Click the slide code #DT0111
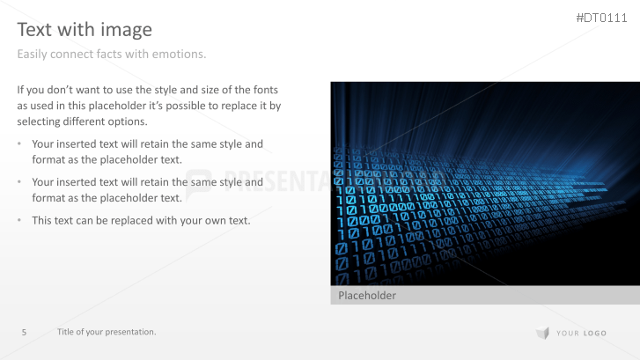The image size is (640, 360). point(602,18)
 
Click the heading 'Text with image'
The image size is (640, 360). point(85,30)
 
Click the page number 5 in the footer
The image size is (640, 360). point(24,332)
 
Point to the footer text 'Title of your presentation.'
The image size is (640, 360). point(107,332)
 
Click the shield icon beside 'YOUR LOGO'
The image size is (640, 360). point(541,333)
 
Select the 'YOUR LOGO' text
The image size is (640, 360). point(580,333)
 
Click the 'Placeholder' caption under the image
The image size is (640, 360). point(367,296)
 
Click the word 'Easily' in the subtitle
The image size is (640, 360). point(33,55)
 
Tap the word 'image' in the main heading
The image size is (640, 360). point(129,30)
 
